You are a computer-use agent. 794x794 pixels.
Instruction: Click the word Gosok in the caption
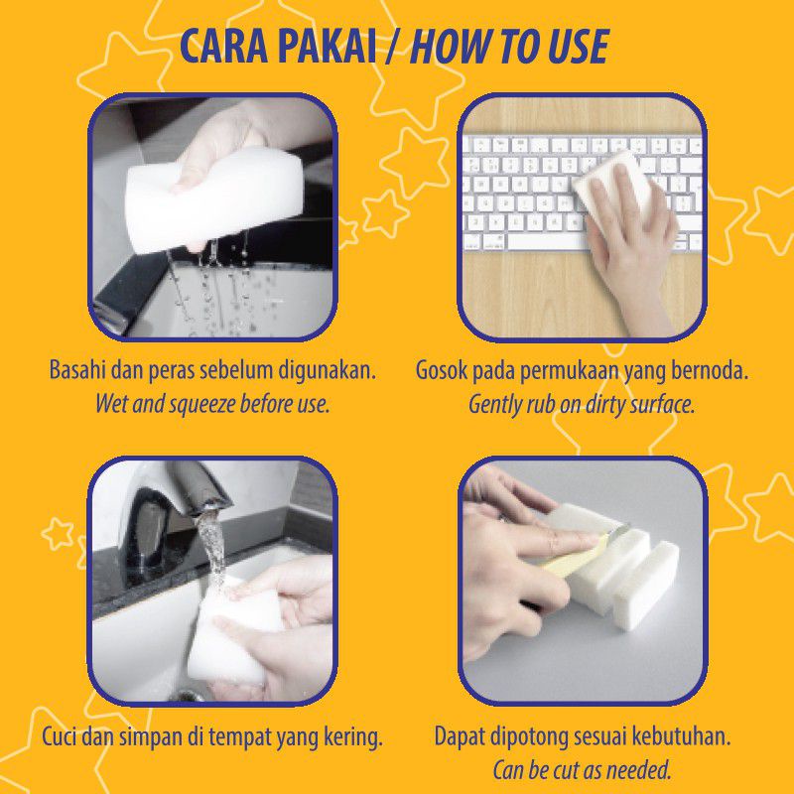click(441, 371)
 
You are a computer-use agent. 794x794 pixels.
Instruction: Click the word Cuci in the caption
click(62, 737)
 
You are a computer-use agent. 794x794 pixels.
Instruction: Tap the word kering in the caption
click(353, 737)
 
